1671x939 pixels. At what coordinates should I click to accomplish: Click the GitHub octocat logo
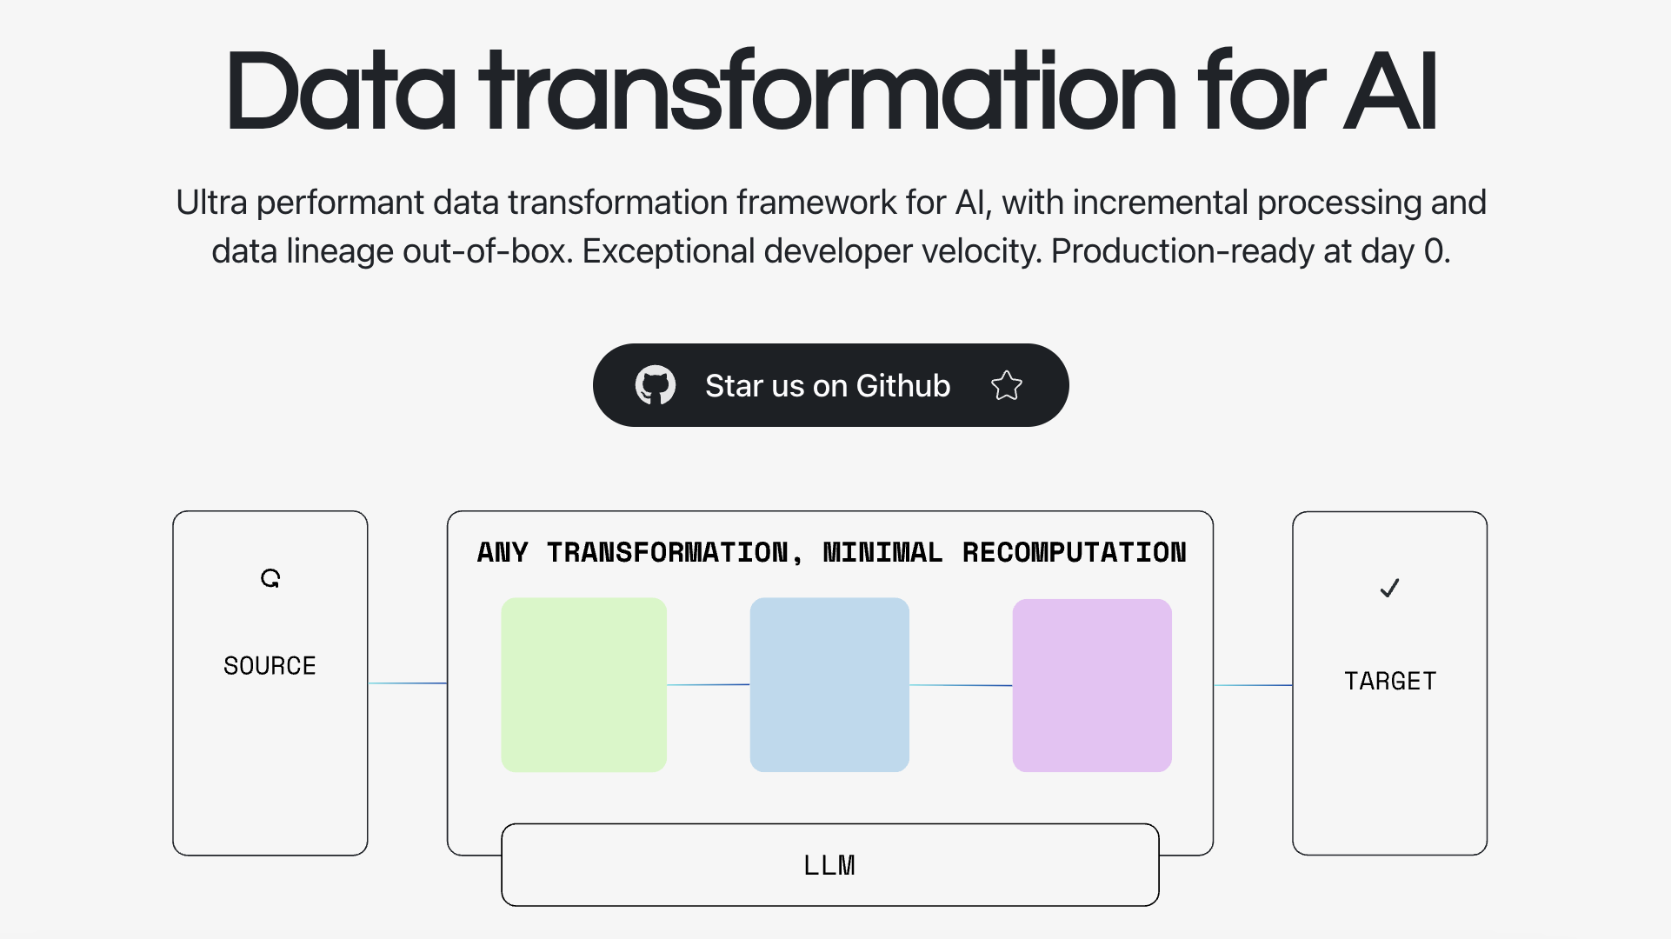[x=656, y=385]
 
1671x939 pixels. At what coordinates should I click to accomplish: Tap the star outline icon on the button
[x=1007, y=385]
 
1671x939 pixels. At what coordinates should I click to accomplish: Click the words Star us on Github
[x=828, y=385]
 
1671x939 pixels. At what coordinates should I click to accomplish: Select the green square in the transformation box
[x=584, y=684]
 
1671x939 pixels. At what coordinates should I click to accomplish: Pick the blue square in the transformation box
[x=829, y=684]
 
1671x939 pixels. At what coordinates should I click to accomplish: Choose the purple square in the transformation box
[x=1092, y=685]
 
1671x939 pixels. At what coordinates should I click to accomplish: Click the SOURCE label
[x=270, y=666]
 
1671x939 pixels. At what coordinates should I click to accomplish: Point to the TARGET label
[x=1390, y=681]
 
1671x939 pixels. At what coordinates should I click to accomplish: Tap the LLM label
[x=829, y=865]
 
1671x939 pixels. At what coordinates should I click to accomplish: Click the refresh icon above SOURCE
[x=270, y=578]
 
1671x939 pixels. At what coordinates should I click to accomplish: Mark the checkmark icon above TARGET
[x=1389, y=589]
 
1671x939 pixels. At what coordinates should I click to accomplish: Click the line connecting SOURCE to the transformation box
[x=408, y=683]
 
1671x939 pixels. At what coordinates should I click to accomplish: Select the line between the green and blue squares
[x=709, y=685]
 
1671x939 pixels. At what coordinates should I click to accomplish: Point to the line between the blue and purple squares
[x=961, y=685]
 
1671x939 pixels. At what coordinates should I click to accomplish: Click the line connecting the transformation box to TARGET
[x=1253, y=685]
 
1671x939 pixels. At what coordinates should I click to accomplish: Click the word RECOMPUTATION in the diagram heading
[x=1075, y=552]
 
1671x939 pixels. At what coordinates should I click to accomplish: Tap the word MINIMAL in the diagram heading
[x=882, y=552]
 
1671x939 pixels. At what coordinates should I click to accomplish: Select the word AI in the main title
[x=1390, y=90]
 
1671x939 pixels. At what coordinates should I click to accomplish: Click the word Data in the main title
[x=340, y=90]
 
